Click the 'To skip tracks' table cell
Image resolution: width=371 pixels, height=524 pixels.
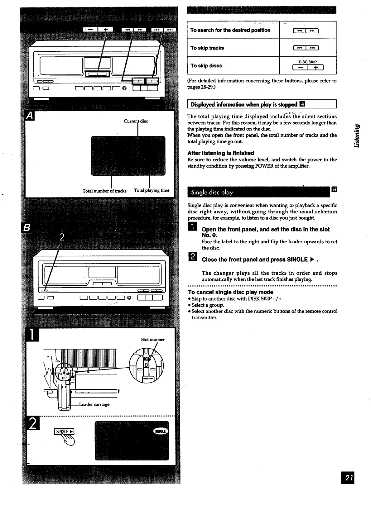(x=207, y=48)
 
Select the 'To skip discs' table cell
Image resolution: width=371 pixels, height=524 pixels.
(x=206, y=66)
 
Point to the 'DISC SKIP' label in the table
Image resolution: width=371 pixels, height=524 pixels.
(x=307, y=62)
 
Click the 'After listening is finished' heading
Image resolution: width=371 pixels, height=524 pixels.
(x=221, y=153)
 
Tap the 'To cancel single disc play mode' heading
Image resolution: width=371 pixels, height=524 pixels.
(x=231, y=292)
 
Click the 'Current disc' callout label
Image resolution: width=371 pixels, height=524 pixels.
(x=136, y=121)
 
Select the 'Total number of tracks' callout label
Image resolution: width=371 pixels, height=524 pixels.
(x=104, y=191)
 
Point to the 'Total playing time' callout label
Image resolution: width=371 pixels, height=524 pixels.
(x=152, y=190)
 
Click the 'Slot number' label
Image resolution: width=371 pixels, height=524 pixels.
(x=153, y=340)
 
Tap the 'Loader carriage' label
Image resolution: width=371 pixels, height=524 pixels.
(x=94, y=404)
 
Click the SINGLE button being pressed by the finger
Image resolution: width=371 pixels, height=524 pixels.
(x=64, y=432)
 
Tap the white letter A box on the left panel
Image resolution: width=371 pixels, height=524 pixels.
(x=30, y=116)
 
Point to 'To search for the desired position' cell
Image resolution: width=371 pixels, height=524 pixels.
(x=230, y=30)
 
